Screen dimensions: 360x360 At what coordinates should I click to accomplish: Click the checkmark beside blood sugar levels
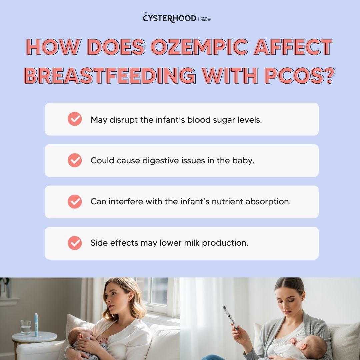tap(75, 119)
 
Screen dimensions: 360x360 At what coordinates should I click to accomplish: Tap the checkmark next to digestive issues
tap(75, 160)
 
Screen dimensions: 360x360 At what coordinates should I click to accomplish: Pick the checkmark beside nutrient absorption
tap(75, 202)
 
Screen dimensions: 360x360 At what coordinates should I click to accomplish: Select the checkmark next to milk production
tap(75, 243)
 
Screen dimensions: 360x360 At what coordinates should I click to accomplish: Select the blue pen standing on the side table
tap(36, 324)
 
